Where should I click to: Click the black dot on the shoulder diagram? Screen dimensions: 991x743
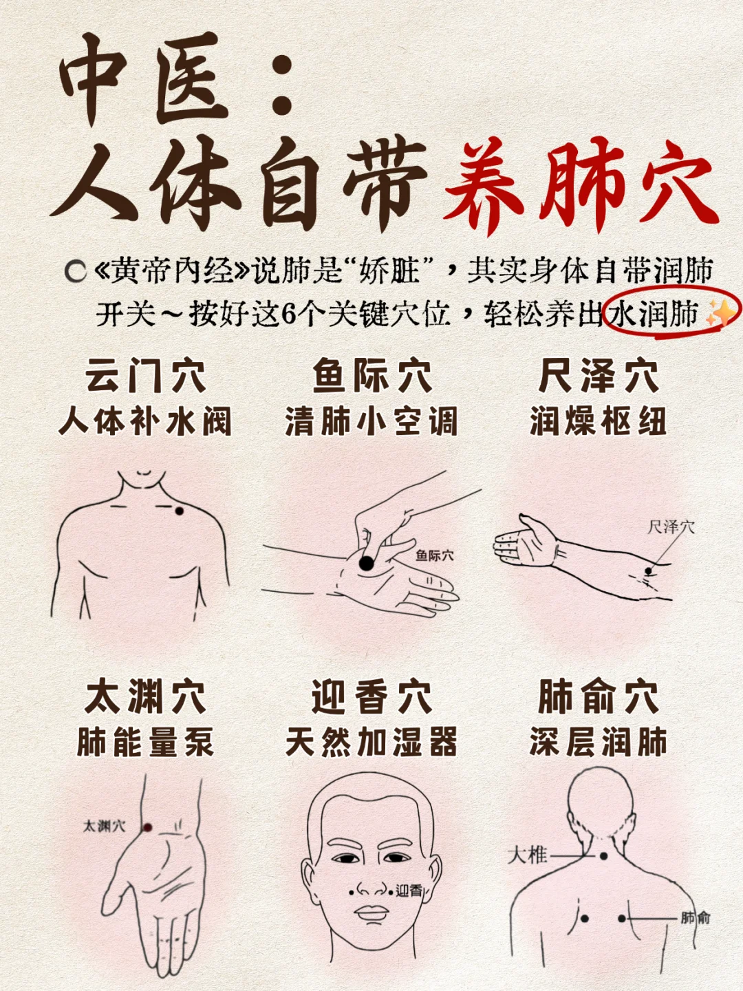[x=179, y=511]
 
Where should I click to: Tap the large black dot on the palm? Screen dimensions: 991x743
[x=367, y=563]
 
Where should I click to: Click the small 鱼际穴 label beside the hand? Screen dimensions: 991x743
[x=434, y=555]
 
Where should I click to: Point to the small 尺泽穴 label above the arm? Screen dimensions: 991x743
[x=671, y=528]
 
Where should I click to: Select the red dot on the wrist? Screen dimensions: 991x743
[x=147, y=827]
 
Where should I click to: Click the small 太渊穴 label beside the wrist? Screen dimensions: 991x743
[x=104, y=826]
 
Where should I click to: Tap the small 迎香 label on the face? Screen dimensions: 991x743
[x=409, y=891]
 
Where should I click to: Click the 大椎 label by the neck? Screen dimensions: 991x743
[x=527, y=855]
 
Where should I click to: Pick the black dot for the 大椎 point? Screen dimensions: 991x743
[x=603, y=856]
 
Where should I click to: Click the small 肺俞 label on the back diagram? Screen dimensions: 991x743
[x=696, y=917]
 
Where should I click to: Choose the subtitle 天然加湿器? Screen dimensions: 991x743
[x=371, y=743]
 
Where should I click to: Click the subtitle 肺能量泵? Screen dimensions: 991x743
[x=145, y=743]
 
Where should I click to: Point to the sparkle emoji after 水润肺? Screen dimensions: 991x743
[x=718, y=314]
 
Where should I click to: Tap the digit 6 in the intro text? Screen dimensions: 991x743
[x=289, y=315]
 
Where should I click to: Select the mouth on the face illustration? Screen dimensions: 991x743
[x=371, y=913]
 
